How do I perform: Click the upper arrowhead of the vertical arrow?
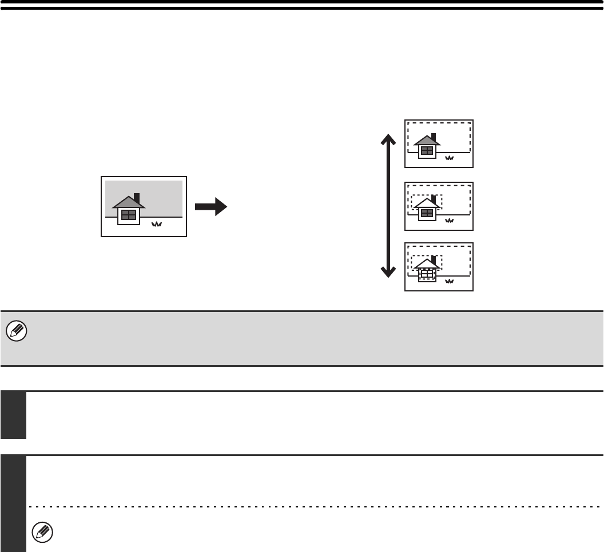point(388,140)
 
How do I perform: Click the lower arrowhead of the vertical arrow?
point(388,271)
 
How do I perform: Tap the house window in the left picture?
point(129,215)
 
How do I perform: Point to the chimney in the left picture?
point(136,198)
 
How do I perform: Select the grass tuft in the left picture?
point(156,225)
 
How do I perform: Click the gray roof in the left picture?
point(128,202)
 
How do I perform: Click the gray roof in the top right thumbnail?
point(426,141)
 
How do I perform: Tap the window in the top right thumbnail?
point(427,151)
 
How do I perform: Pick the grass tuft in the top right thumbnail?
point(449,158)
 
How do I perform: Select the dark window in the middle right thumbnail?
point(427,214)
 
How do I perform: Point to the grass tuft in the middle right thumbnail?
point(449,221)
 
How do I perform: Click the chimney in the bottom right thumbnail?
point(434,260)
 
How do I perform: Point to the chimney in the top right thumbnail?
point(434,138)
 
